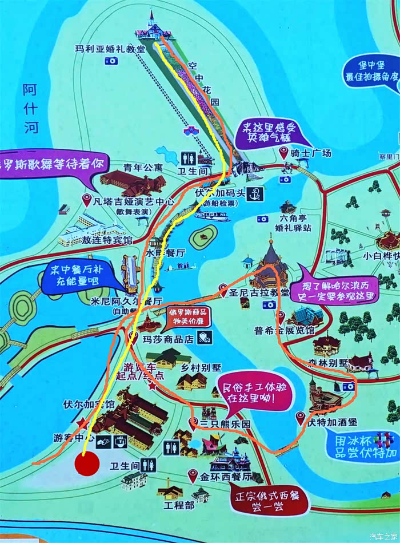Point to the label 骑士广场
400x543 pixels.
(311, 153)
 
